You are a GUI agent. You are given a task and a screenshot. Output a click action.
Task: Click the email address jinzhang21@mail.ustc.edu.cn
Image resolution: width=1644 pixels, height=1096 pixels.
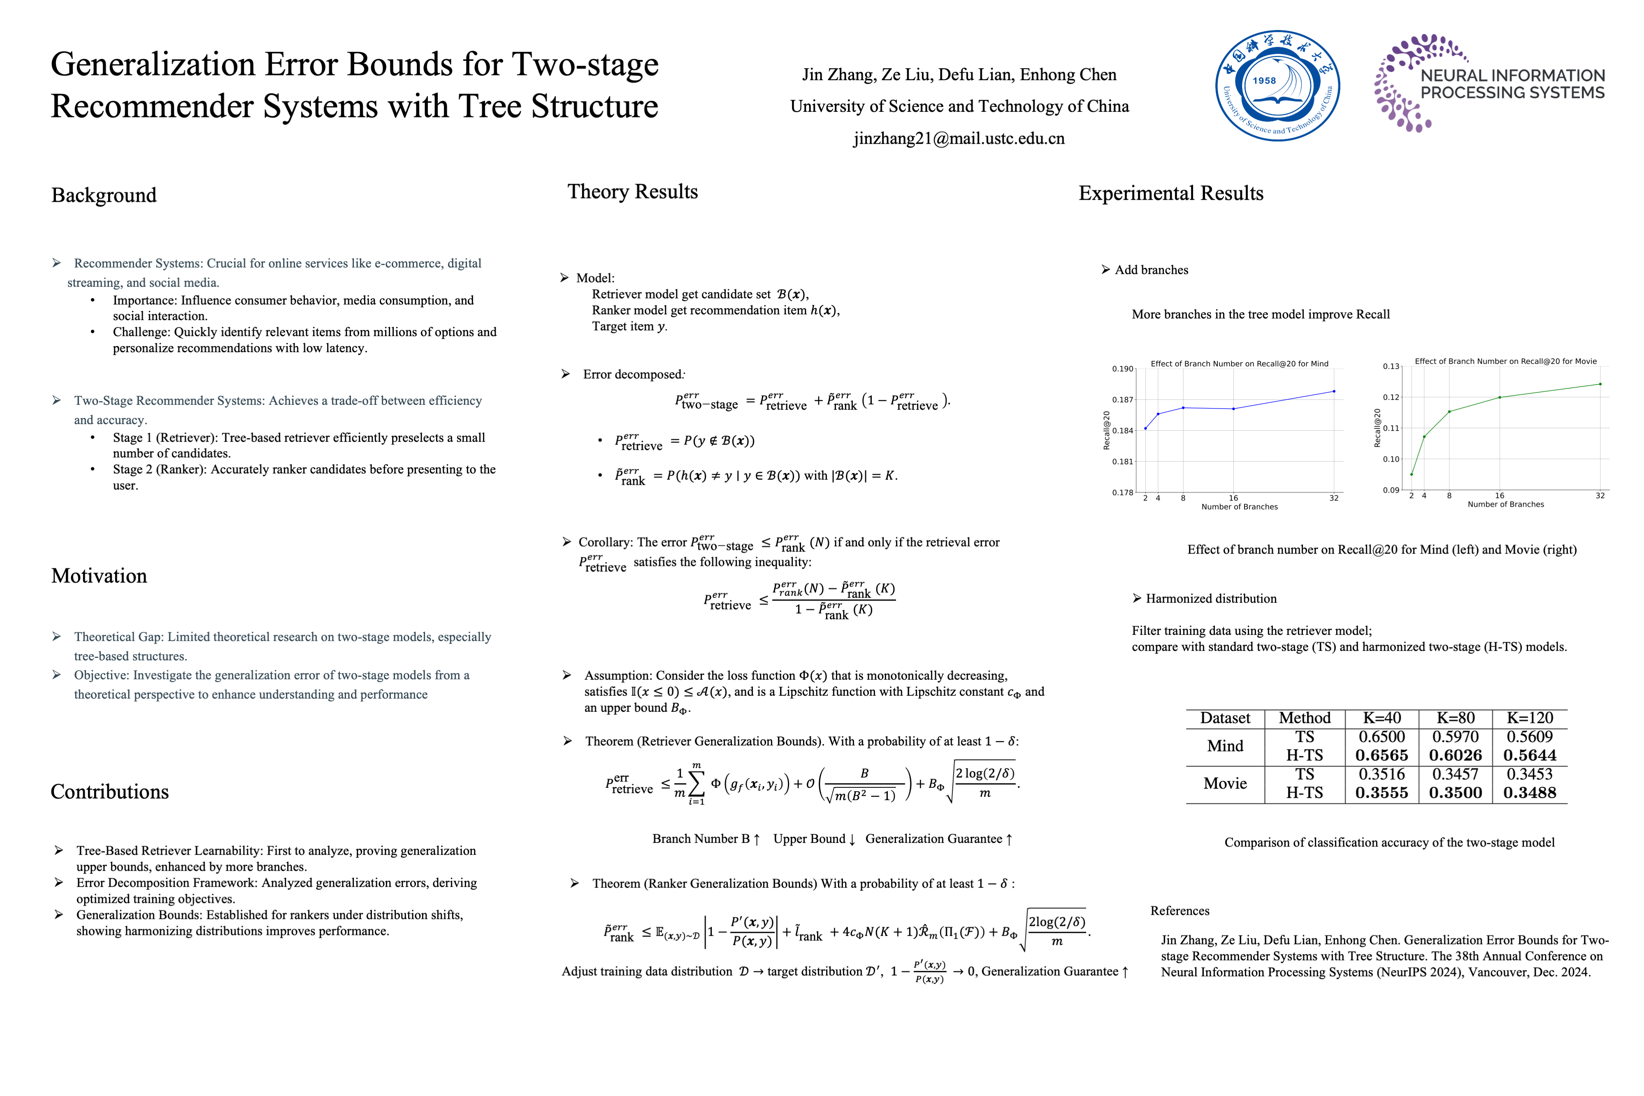(958, 138)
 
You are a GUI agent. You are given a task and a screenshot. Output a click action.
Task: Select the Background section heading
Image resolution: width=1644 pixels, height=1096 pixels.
(104, 195)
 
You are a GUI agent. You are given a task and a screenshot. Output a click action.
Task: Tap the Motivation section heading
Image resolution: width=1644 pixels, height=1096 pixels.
(99, 576)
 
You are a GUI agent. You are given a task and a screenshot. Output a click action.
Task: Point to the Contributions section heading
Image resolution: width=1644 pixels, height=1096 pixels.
(110, 792)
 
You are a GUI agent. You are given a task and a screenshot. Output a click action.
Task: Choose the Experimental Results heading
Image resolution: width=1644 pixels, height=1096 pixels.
(1171, 194)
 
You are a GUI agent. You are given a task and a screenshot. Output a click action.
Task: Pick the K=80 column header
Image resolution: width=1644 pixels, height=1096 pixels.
(1455, 718)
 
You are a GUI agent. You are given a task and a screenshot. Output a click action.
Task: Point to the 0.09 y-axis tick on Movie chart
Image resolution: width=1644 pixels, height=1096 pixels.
(1390, 490)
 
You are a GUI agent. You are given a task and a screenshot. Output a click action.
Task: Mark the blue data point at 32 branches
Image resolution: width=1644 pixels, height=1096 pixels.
(1334, 391)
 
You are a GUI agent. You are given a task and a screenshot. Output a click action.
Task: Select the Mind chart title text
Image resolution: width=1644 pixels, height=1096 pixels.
(1239, 363)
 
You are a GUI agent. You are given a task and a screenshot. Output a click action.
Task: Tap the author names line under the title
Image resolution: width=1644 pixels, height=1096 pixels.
(958, 75)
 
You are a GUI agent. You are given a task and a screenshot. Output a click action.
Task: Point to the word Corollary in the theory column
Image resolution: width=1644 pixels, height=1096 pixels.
(605, 542)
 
